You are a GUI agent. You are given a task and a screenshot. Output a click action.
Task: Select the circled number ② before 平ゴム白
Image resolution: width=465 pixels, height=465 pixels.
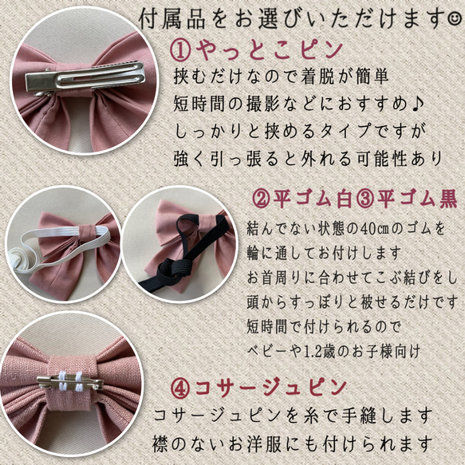[262, 200]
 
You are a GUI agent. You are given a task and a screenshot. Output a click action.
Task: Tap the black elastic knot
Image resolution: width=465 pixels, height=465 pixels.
[175, 269]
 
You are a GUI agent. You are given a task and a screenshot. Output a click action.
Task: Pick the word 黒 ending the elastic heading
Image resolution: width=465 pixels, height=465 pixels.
[448, 200]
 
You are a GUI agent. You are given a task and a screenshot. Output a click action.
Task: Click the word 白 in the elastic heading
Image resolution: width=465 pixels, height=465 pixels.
[345, 200]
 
